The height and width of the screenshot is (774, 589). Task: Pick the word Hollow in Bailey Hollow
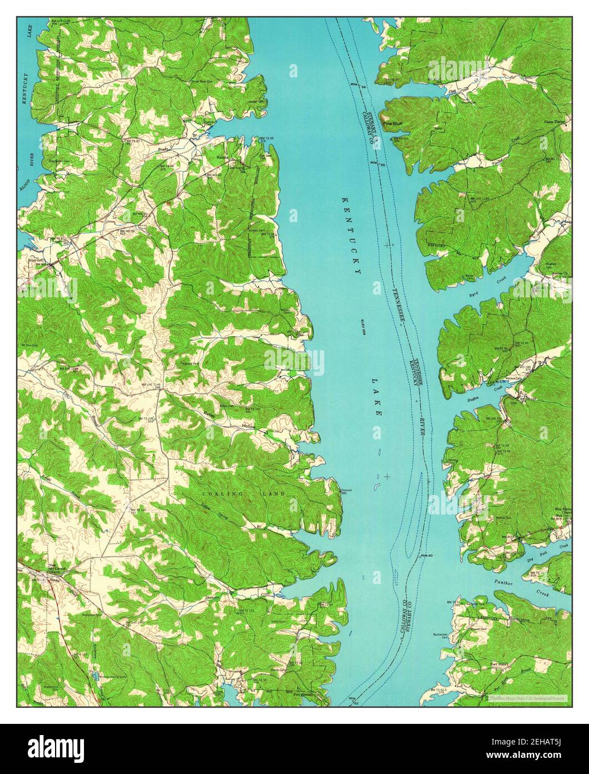(x=248, y=426)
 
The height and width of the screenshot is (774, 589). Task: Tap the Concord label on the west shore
(x=346, y=490)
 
